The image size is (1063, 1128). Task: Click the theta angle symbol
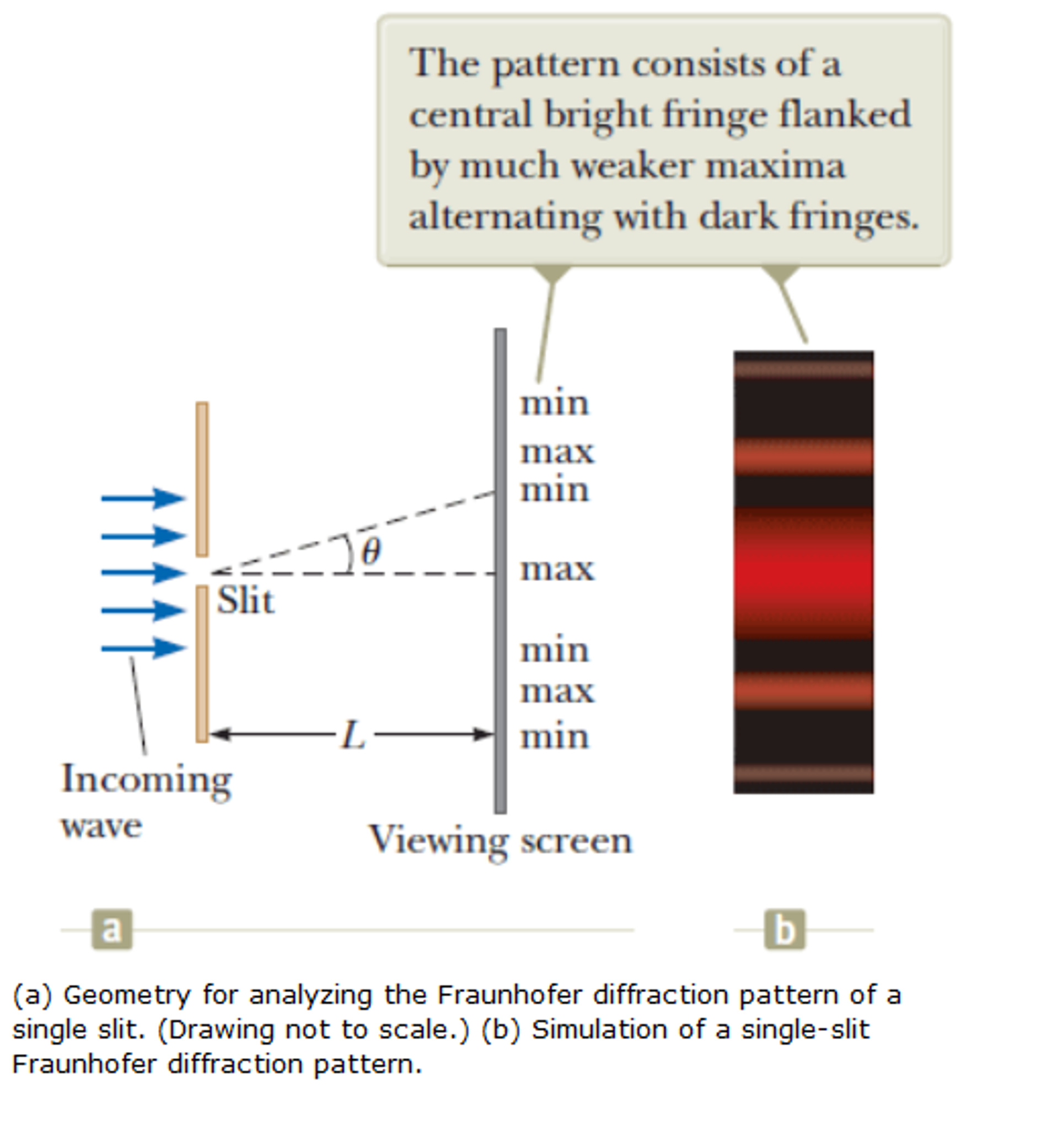point(371,551)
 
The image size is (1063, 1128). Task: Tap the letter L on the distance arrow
point(353,735)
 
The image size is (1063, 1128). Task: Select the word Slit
point(246,600)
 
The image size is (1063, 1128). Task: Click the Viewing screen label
point(500,840)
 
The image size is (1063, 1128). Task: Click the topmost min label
point(555,404)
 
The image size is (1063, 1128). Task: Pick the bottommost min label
point(555,737)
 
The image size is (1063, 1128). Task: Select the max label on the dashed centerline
point(557,568)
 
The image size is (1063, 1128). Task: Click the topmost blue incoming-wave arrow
point(143,498)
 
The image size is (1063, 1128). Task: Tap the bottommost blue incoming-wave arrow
point(143,647)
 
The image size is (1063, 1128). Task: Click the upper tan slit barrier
point(202,479)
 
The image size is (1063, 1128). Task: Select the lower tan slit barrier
point(202,664)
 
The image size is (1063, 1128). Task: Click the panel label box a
point(112,930)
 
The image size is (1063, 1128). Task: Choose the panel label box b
point(785,930)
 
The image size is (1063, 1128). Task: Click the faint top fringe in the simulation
point(803,369)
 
